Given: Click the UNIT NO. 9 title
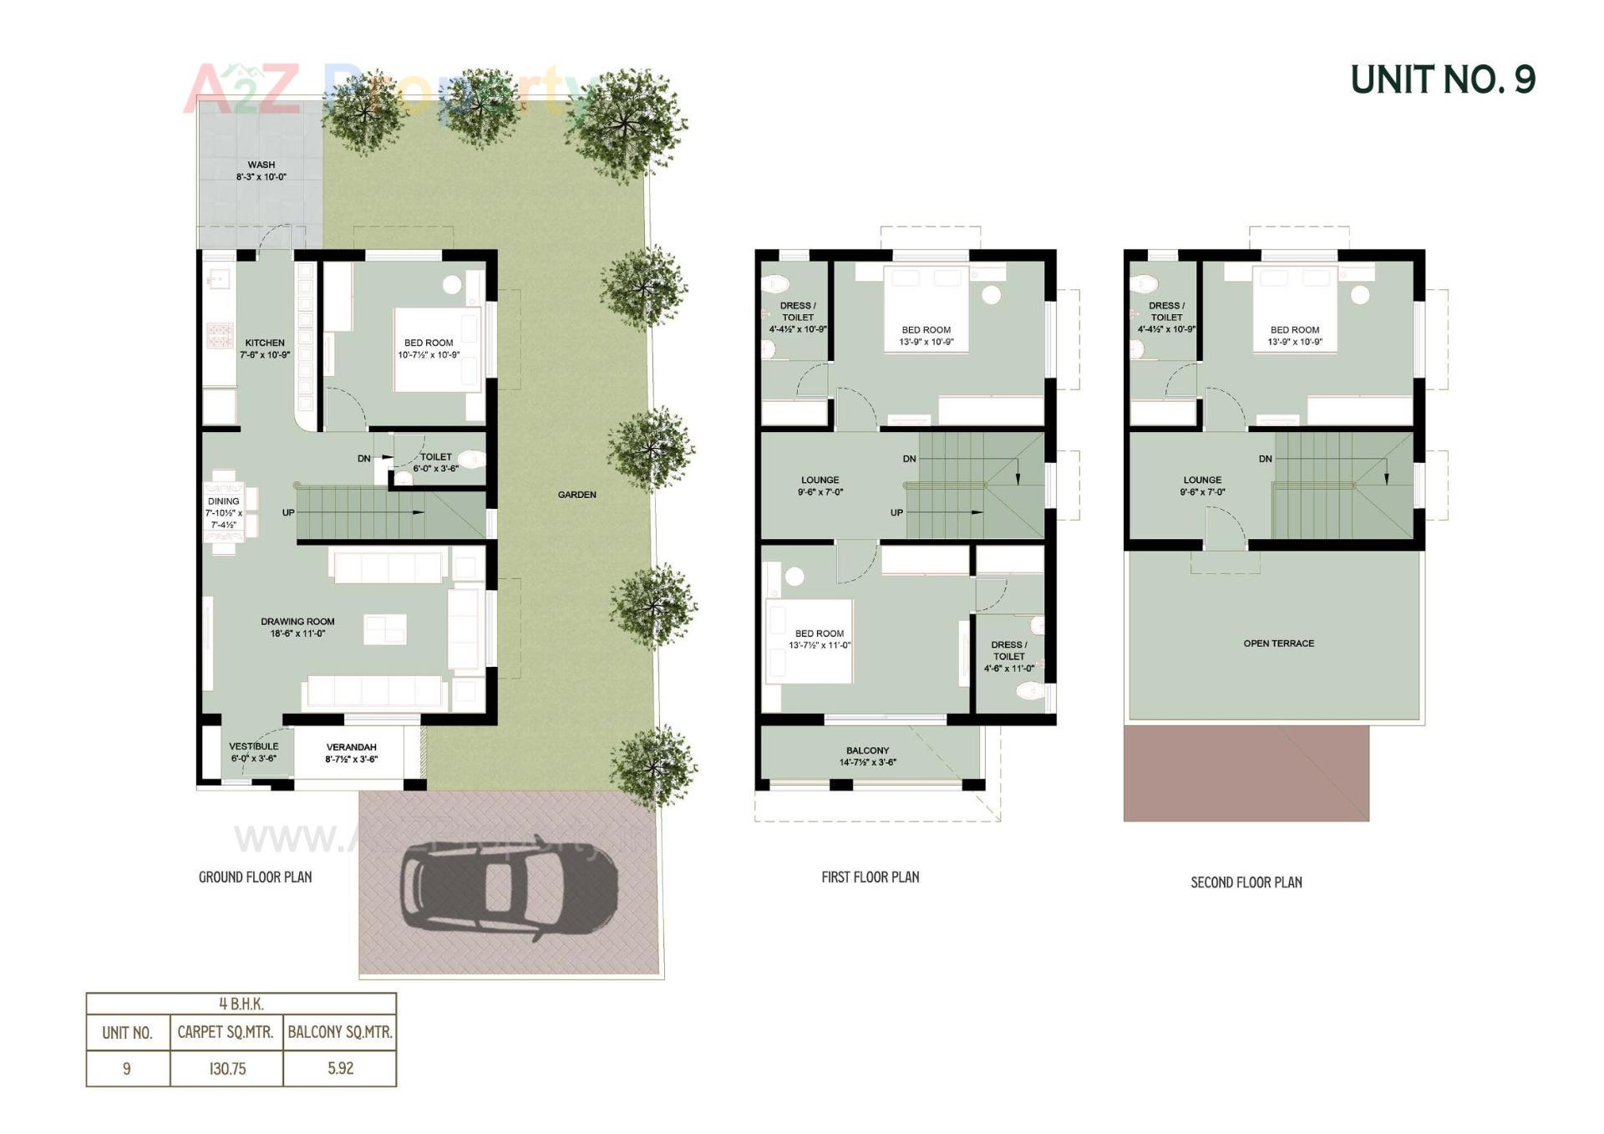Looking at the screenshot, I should (x=1442, y=79).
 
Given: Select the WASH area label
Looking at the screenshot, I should (x=261, y=165).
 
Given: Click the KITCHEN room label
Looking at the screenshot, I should (x=265, y=343).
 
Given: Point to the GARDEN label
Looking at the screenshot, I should (x=576, y=495).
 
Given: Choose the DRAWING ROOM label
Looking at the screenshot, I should (x=297, y=622).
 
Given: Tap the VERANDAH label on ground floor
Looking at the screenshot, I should (x=351, y=747).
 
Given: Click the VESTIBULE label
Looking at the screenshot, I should (x=254, y=746).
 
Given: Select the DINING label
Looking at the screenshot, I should (x=223, y=501).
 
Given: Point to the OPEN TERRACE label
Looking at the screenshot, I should (x=1278, y=643).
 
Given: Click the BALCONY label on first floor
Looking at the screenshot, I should (x=867, y=750).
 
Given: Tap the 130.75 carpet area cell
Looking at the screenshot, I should (x=227, y=1068).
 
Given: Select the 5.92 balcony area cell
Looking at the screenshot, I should (x=340, y=1068).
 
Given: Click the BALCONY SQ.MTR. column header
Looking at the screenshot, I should (x=340, y=1032).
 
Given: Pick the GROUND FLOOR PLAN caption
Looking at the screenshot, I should (x=255, y=877).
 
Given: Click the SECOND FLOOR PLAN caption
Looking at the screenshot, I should (x=1246, y=882).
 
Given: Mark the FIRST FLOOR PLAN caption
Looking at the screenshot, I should (x=870, y=877).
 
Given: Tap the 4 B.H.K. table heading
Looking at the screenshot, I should (x=241, y=1004).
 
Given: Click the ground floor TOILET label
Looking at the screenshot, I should (x=435, y=457).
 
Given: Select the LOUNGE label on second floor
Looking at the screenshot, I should (x=1202, y=480).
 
